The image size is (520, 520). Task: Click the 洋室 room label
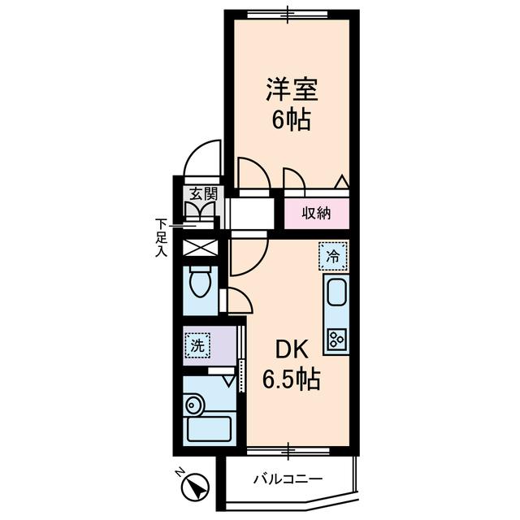click(x=288, y=89)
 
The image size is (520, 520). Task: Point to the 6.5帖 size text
click(x=288, y=378)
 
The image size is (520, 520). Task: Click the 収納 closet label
click(x=316, y=214)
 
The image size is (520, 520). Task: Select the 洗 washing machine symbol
click(x=197, y=344)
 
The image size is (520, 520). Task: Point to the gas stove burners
click(x=336, y=337)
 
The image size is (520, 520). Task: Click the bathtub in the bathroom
click(x=210, y=428)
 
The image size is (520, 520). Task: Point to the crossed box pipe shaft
click(x=200, y=248)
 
